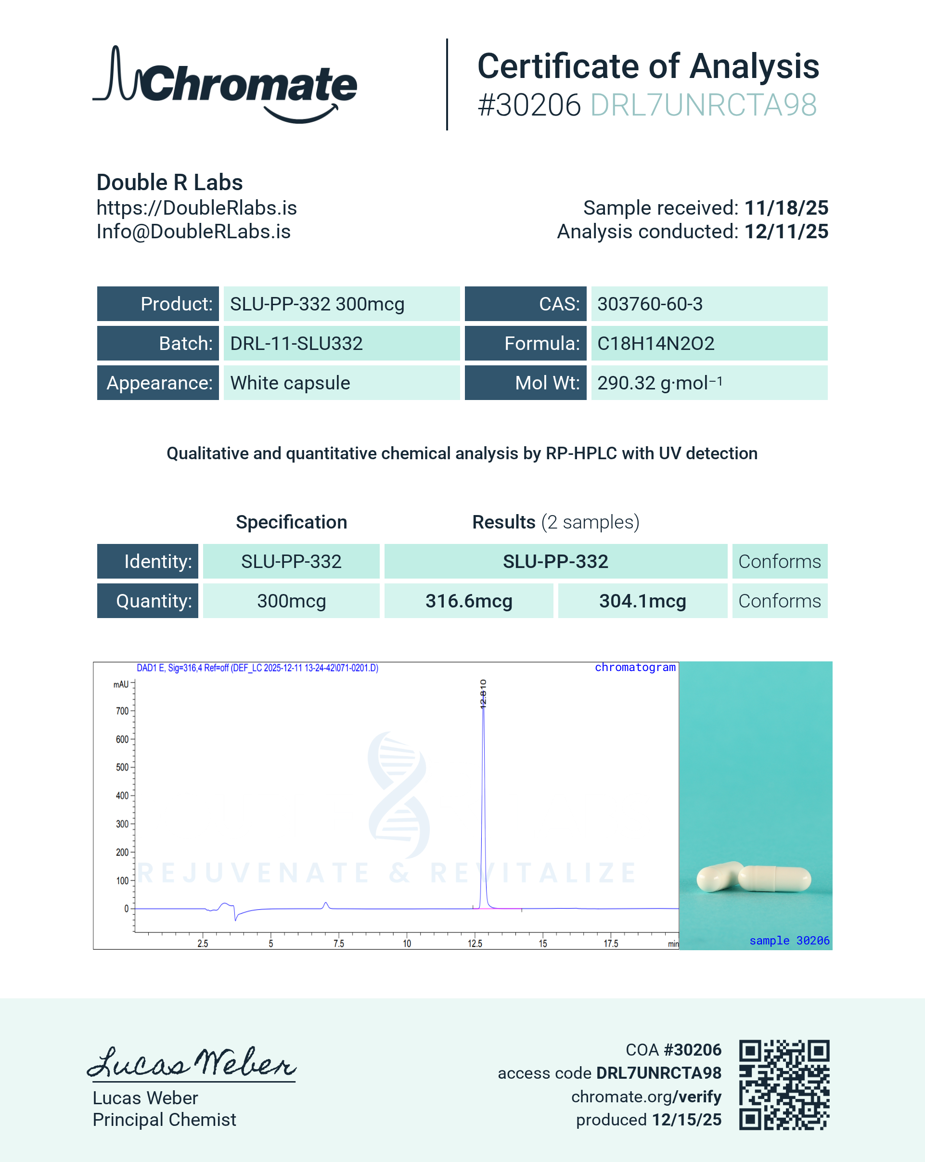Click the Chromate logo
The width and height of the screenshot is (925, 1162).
coord(225,85)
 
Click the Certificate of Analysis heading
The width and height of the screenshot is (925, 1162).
coord(648,66)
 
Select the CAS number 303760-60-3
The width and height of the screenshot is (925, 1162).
coord(650,304)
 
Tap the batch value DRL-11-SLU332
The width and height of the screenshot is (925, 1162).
coord(296,343)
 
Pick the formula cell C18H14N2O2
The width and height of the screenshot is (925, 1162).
coord(655,343)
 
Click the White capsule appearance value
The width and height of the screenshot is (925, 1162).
coord(290,383)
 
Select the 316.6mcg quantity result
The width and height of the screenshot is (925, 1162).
coord(469,601)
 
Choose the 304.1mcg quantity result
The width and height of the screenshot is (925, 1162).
coord(642,601)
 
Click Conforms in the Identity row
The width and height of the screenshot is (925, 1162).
coord(779,562)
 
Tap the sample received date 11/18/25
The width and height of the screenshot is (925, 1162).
coord(786,208)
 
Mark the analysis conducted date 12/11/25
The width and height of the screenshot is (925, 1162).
coord(786,232)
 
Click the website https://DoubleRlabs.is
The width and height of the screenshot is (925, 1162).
coord(197,208)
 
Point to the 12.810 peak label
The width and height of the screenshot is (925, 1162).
coord(483,694)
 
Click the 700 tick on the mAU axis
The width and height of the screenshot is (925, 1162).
coord(122,711)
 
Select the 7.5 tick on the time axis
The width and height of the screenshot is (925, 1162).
coord(338,943)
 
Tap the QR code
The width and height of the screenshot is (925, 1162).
coord(784,1085)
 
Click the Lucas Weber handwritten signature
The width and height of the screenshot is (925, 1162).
coord(191,1063)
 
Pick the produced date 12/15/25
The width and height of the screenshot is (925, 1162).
coord(686,1120)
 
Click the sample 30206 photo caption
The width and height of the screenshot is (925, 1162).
coord(789,941)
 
